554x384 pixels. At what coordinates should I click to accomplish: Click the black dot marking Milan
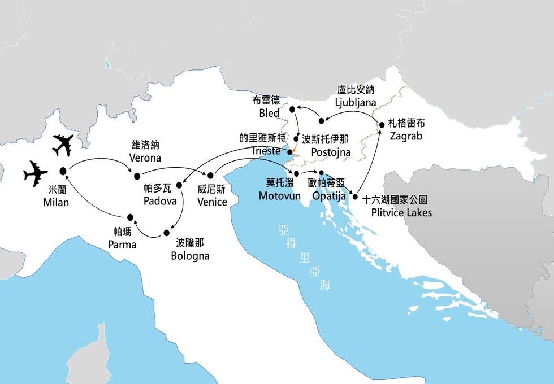coord(63,171)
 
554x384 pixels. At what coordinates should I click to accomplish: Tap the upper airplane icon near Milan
coord(63,145)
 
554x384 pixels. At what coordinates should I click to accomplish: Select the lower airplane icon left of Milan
coord(36,173)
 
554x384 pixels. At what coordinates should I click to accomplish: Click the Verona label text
coord(145,158)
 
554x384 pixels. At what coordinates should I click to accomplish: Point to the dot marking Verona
coord(136,167)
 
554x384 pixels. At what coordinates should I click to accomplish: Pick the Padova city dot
coord(179,184)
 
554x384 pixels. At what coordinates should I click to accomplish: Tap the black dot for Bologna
coord(167,233)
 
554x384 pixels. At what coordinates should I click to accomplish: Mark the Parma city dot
coord(130,217)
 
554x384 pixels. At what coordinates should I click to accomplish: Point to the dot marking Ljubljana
coord(322,120)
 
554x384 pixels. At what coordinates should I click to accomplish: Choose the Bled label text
coord(269,113)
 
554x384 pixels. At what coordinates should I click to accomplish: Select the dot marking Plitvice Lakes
coord(355,197)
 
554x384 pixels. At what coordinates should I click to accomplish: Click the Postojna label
coord(331,152)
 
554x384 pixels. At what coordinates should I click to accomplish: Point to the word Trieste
coord(266,151)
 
